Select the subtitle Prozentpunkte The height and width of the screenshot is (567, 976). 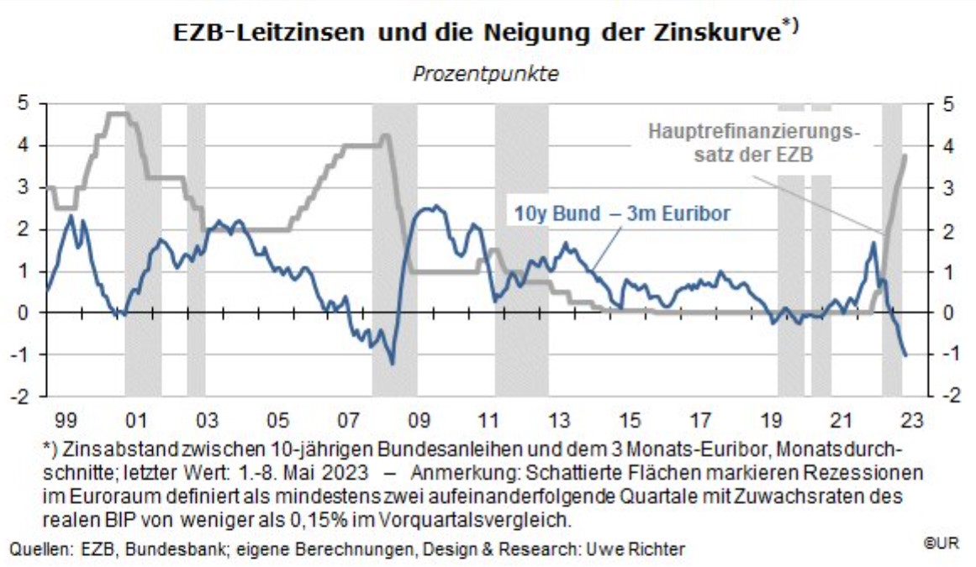coord(485,73)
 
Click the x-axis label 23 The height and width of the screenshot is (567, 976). coord(913,418)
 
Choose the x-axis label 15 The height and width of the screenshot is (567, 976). coord(630,418)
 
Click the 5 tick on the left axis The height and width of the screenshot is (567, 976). coord(25,104)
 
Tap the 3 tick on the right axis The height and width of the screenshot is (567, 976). coord(948,187)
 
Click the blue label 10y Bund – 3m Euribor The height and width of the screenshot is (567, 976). coord(622,213)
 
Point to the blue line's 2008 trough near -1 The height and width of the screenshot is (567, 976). coord(393,363)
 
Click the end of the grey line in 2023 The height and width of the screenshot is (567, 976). coord(905,155)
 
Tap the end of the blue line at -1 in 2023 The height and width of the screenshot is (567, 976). coord(905,354)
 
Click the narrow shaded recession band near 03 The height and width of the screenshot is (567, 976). coord(196,252)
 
